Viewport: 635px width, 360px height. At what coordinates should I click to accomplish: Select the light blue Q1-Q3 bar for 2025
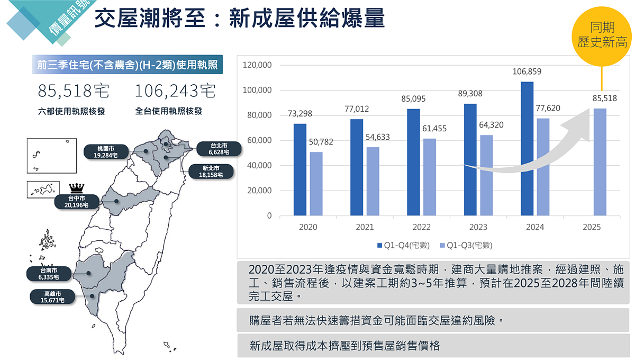(600, 162)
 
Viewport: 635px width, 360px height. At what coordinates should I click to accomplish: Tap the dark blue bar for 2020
(300, 169)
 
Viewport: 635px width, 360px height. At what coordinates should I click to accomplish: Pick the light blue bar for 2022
(430, 177)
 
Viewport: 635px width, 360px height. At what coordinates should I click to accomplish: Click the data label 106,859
(527, 71)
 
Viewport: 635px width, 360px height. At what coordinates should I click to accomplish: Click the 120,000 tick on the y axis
(257, 65)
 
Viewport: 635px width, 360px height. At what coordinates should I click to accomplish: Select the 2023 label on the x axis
(478, 227)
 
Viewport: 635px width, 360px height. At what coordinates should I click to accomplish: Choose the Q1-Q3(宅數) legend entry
(465, 246)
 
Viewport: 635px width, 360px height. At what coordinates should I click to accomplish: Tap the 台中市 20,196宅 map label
(77, 201)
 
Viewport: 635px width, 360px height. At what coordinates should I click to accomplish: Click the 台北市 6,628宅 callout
(219, 149)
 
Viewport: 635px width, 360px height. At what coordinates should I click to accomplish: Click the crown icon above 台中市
(77, 188)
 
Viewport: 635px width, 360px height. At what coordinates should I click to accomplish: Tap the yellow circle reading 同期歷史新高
(602, 35)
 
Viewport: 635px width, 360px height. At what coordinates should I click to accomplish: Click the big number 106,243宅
(175, 92)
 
